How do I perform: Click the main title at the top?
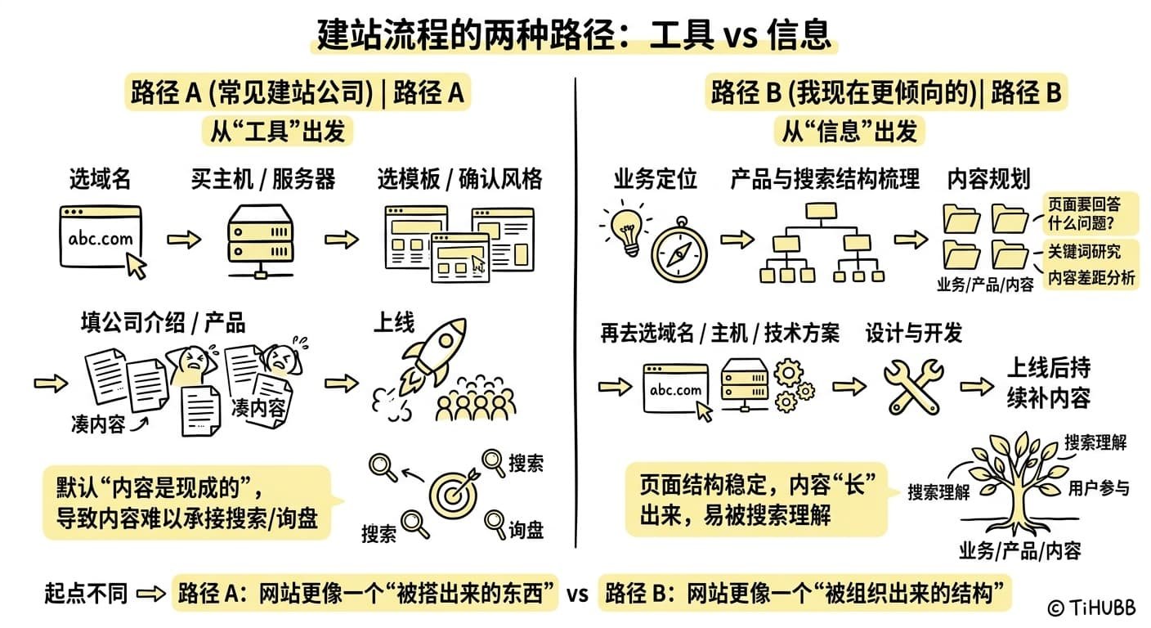pos(575,34)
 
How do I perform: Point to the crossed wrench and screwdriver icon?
pos(913,384)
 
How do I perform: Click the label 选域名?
pos(100,178)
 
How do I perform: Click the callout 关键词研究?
pos(1084,251)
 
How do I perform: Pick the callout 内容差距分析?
pos(1091,278)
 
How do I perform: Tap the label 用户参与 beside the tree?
pos(1099,488)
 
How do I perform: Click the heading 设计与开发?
pos(913,333)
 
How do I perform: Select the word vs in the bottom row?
pos(577,594)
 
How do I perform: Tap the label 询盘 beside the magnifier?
pos(526,530)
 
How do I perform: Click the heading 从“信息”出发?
pos(849,131)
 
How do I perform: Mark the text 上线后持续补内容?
pos(1048,382)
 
